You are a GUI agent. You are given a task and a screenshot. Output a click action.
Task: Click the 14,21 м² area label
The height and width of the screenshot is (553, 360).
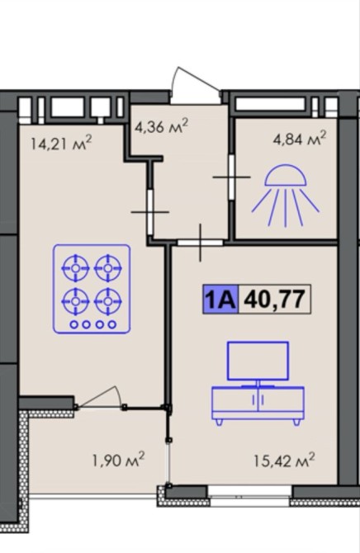click(61, 143)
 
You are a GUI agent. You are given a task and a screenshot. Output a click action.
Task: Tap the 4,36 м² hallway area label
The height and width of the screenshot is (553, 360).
click(161, 126)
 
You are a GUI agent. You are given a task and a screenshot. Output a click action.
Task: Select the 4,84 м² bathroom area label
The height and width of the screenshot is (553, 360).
click(299, 138)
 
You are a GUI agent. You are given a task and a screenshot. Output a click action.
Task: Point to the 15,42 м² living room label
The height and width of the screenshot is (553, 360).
click(284, 460)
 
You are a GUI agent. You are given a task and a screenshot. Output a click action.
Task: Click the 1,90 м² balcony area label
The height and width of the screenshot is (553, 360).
click(118, 459)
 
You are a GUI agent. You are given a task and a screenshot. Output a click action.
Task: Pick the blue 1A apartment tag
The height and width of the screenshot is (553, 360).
click(220, 299)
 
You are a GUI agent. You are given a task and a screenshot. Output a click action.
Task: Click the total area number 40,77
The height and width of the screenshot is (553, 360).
click(275, 299)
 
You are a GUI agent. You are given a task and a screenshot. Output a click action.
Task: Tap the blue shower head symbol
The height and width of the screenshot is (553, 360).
click(285, 195)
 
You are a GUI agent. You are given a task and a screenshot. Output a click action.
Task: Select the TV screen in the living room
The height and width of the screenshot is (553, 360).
click(258, 361)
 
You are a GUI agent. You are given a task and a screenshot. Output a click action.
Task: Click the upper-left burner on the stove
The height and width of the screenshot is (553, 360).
click(75, 268)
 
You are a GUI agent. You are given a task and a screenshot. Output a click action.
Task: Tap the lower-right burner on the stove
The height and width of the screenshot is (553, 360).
click(108, 301)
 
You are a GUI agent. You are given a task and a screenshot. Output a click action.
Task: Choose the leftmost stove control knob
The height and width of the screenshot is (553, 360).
click(74, 324)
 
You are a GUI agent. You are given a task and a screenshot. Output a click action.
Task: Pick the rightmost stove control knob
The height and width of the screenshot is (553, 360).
click(112, 324)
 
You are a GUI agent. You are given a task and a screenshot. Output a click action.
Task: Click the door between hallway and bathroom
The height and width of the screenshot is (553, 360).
click(231, 177)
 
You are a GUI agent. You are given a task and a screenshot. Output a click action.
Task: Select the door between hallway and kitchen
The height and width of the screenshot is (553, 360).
click(150, 212)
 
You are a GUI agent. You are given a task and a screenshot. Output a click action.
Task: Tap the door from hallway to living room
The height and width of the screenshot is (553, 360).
click(200, 243)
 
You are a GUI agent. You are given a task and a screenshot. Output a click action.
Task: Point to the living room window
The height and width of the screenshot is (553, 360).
click(249, 492)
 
